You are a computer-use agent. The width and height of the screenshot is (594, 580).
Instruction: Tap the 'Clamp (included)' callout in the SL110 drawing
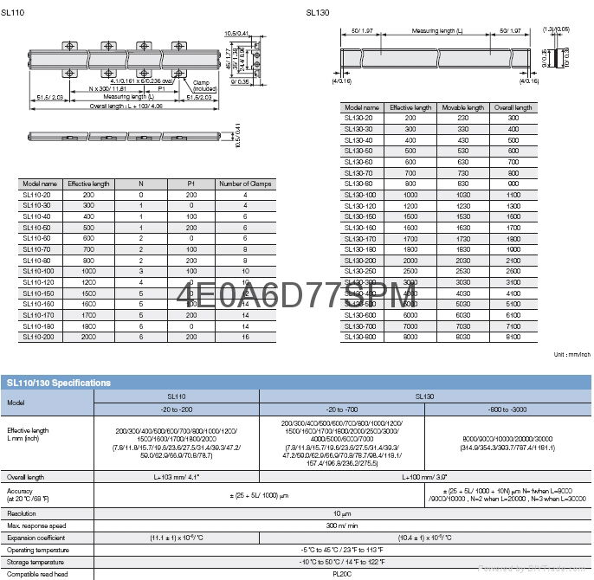204,85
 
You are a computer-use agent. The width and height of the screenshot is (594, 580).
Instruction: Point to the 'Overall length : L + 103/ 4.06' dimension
113,106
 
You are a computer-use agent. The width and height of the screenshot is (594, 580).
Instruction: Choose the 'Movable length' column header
462,107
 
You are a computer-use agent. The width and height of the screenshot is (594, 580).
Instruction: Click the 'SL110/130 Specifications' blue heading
60,382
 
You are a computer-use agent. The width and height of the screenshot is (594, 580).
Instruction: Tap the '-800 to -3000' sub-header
509,409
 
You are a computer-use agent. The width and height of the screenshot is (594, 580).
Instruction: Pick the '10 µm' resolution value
341,513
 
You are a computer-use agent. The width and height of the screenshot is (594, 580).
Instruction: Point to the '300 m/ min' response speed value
341,525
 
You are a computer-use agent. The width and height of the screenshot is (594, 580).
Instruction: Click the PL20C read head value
341,574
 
